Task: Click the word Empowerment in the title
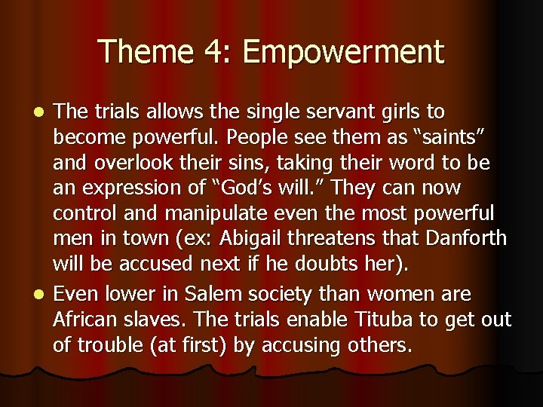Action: [344, 53]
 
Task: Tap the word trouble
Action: [110, 345]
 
